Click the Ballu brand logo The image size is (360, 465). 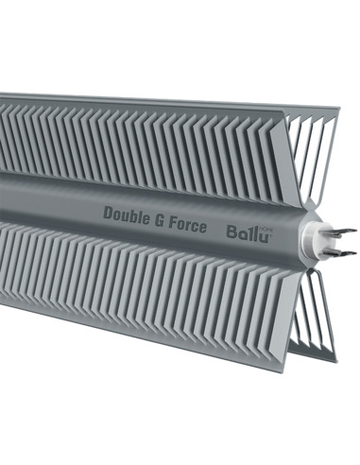[248, 231]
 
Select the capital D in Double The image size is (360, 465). [108, 213]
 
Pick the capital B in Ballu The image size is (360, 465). [231, 230]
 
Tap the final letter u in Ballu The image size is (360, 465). [265, 232]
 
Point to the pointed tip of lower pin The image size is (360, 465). [357, 253]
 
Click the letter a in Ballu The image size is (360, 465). [241, 232]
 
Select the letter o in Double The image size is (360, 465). [117, 215]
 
